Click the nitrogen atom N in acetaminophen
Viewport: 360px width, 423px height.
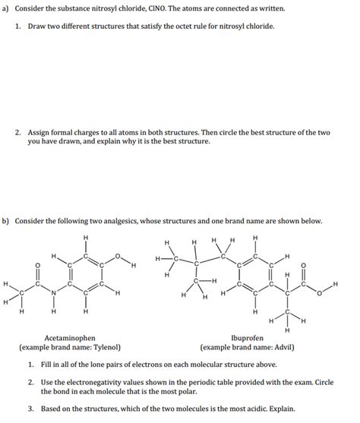click(52, 293)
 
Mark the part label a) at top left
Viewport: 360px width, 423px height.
click(6, 8)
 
